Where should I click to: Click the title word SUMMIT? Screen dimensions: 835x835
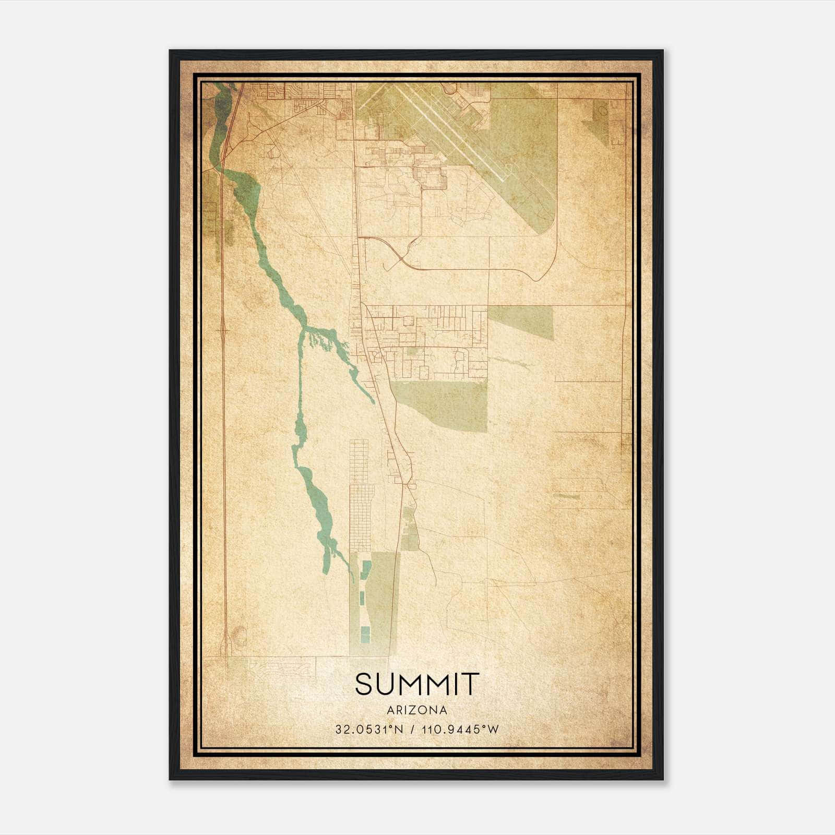417,684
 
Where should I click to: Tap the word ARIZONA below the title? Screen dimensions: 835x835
417,710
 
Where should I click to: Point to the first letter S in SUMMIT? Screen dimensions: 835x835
364,684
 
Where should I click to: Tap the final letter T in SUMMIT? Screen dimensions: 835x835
470,684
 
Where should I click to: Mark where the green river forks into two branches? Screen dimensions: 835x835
304,329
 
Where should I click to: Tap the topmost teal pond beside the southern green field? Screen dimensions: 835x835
366,567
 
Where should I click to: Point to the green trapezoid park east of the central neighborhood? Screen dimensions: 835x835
521,321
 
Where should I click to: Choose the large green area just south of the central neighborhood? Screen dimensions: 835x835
444,404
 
